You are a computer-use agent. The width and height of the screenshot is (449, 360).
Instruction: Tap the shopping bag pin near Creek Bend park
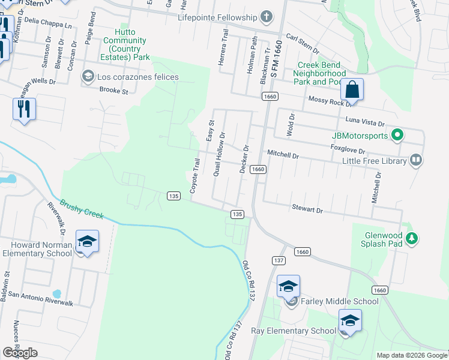[x=352, y=90]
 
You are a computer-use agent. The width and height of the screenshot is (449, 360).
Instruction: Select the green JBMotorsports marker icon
[x=396, y=136]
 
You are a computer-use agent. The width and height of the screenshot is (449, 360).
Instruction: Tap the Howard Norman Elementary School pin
[x=87, y=242]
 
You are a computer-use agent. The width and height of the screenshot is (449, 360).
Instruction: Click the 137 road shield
[x=278, y=260]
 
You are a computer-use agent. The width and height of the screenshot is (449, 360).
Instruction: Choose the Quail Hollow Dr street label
[x=219, y=154]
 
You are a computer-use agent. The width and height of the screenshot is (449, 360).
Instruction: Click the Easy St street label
[x=211, y=130]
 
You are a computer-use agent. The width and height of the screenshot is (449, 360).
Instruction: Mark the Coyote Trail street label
[x=194, y=176]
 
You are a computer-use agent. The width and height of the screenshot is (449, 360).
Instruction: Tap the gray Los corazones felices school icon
[x=88, y=76]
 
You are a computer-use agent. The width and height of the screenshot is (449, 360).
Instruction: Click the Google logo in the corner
[x=20, y=353]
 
